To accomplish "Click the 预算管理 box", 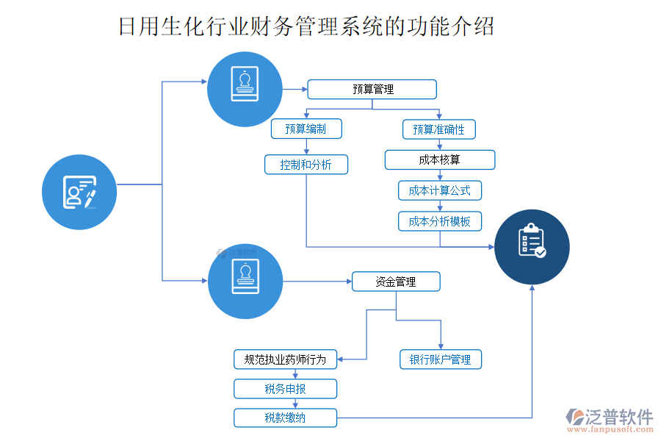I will pos(372,90).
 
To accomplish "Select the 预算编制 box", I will pos(306,129).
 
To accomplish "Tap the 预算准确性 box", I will pos(438,129).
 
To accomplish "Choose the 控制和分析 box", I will pos(306,165).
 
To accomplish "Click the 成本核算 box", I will pos(439,159).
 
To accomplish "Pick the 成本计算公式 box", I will pos(439,190).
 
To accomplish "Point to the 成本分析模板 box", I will pos(439,221).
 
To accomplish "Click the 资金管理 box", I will pos(396,282).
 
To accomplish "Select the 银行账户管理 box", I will pos(440,359).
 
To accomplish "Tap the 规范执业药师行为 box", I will pos(285,359).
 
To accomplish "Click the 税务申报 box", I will pos(285,389).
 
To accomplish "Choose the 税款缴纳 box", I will pos(285,418).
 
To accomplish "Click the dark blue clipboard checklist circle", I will pos(532,247).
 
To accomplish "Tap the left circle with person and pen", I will pos(79,192).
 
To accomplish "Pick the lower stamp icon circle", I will pos(245,282).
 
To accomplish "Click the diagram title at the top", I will pos(306,26).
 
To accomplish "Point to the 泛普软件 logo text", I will pos(618,417).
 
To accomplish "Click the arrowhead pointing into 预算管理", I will pos(303,90).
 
